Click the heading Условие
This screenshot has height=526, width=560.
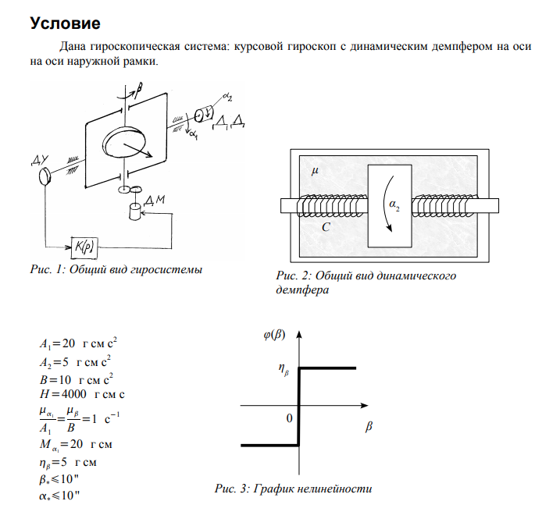click(x=66, y=23)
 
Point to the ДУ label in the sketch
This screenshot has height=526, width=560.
click(x=41, y=162)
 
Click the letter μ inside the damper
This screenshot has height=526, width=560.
click(x=316, y=170)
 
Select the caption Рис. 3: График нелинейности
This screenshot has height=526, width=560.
click(x=293, y=489)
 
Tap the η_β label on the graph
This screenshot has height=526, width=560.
click(x=284, y=371)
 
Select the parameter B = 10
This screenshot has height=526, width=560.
click(x=77, y=379)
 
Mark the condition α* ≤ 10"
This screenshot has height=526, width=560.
click(x=62, y=497)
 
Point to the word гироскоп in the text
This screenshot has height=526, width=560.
click(x=305, y=47)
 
